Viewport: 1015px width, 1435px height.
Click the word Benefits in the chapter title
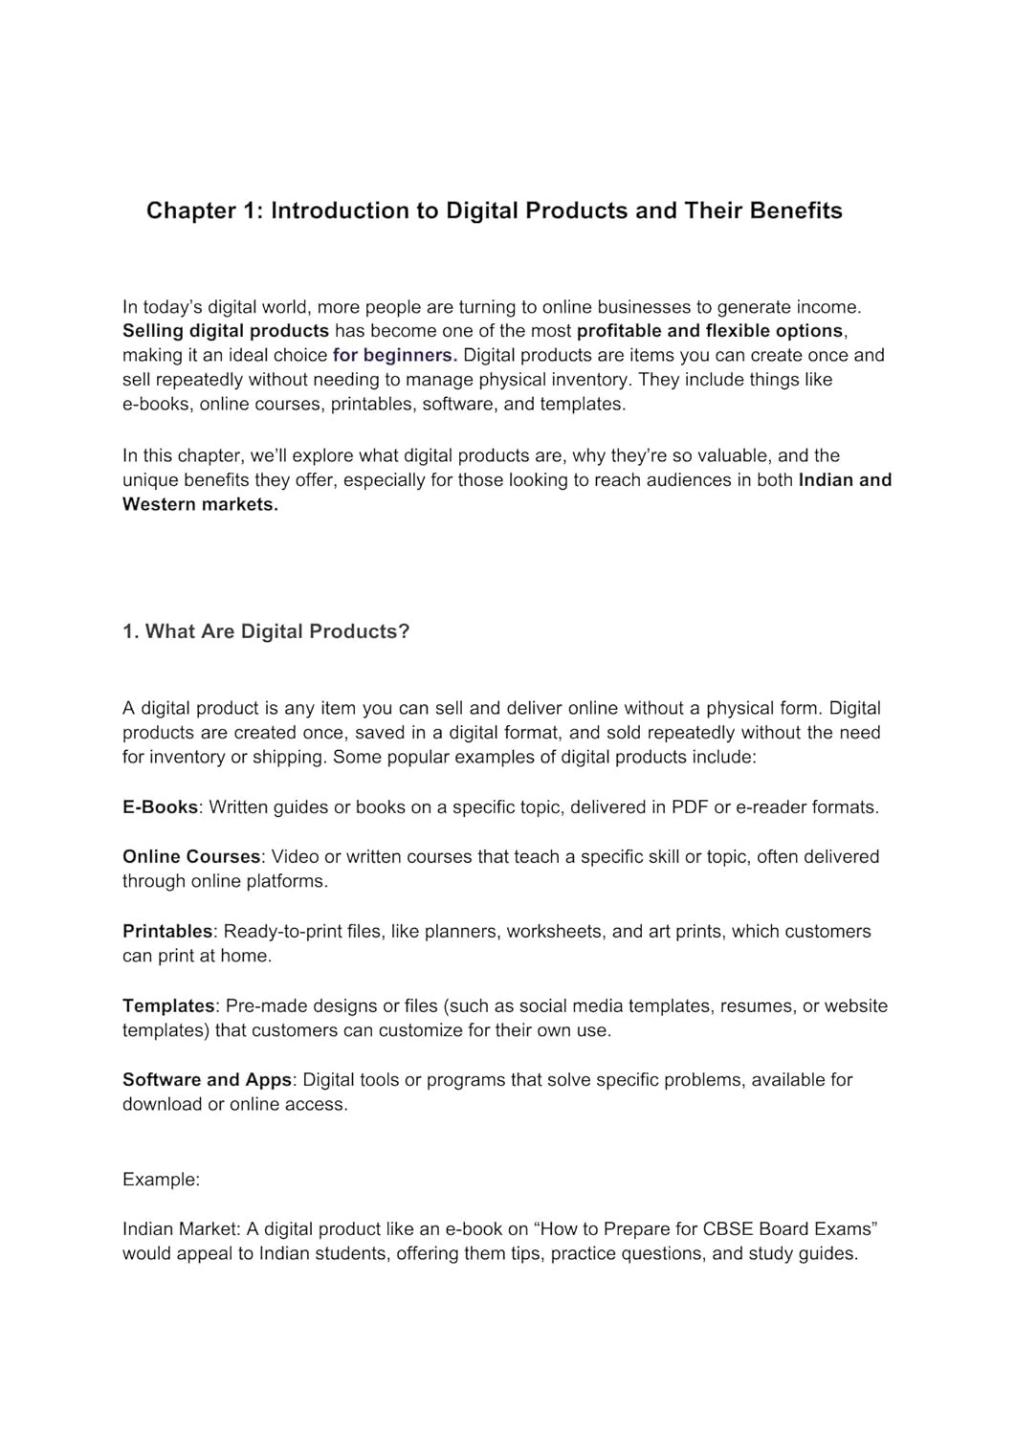coord(796,210)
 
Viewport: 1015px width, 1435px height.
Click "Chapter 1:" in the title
coord(204,210)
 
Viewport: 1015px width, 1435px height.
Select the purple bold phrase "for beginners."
coord(395,356)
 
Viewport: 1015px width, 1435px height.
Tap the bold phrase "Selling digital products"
coord(226,331)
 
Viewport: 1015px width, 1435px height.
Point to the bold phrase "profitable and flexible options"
coord(710,331)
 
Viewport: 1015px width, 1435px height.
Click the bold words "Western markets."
coord(200,505)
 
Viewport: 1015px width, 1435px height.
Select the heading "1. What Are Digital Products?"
coord(266,632)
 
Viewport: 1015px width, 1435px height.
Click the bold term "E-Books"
coord(160,807)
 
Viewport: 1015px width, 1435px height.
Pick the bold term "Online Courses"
coord(191,857)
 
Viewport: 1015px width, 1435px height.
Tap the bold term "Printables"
coord(167,932)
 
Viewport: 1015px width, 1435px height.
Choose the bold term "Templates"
coord(168,1006)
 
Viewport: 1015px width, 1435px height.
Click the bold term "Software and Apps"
coord(207,1080)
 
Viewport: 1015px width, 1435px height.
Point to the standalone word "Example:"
coord(161,1181)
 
